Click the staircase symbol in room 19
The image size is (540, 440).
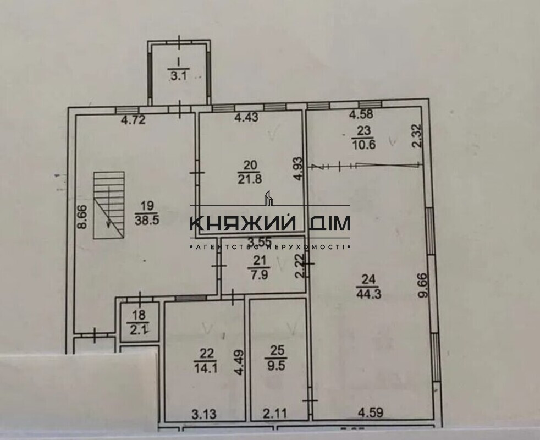coord(109,205)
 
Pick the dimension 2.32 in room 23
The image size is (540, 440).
coord(417,135)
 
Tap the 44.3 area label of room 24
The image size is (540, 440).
coord(369,294)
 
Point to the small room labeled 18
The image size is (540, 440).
coord(140,322)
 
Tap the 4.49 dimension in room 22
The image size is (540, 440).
coord(240,362)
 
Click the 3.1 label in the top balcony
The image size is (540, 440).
coord(178,76)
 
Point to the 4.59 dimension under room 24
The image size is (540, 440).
coord(371,411)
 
